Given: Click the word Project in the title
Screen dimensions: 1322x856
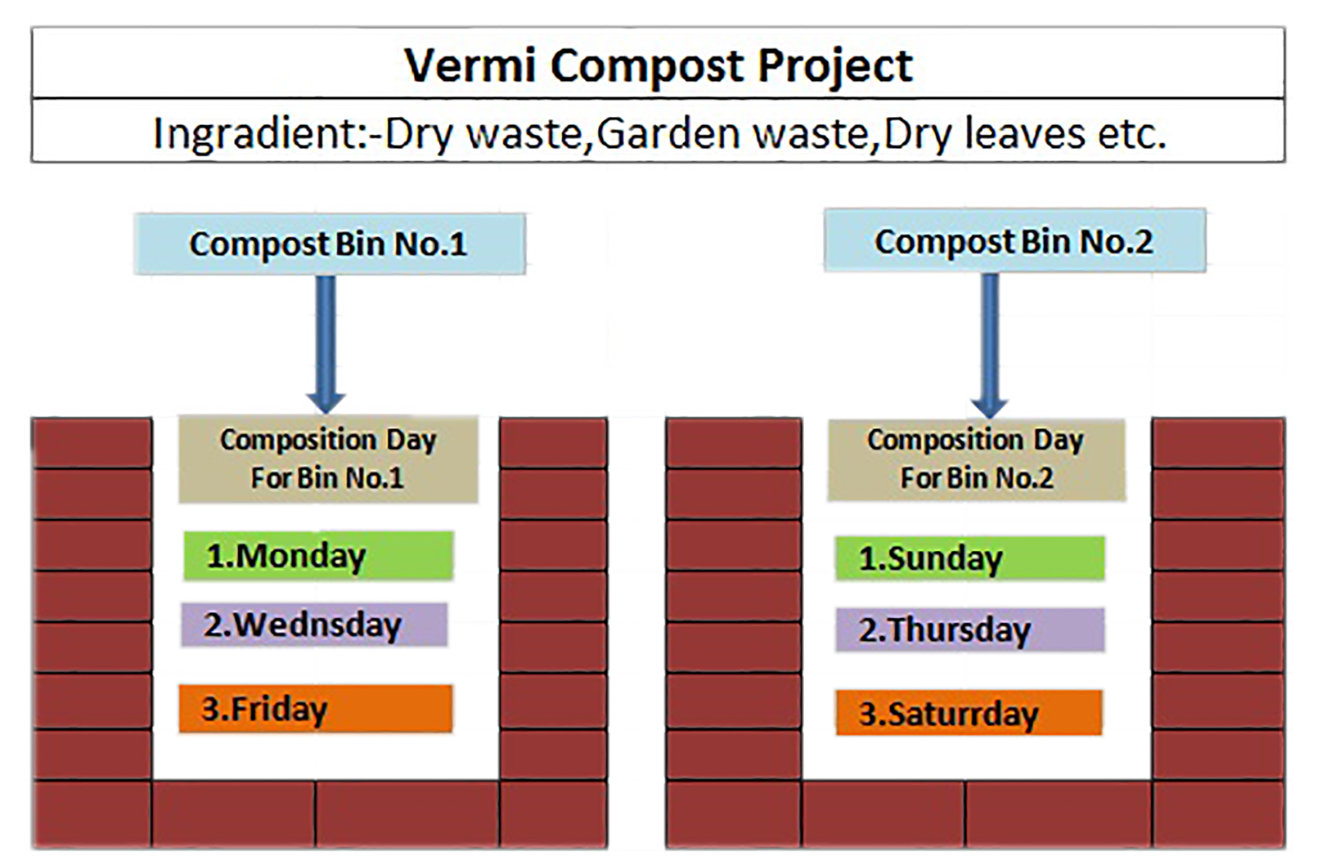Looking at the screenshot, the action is click(x=835, y=67).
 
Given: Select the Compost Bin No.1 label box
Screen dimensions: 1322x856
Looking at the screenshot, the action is click(x=330, y=244).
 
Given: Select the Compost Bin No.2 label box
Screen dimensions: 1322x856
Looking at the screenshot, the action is click(x=1014, y=240).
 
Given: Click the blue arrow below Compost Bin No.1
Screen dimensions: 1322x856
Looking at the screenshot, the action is click(x=326, y=344).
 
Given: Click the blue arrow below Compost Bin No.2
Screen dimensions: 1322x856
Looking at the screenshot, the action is click(x=990, y=346).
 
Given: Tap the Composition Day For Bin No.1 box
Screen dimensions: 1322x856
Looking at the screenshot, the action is click(x=329, y=459).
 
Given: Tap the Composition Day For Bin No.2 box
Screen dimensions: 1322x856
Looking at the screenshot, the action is click(x=977, y=459).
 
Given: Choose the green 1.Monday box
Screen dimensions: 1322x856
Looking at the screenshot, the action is click(x=318, y=556).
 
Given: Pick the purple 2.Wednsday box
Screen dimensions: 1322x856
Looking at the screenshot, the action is click(x=314, y=625).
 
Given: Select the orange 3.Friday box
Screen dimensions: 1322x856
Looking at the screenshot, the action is click(x=316, y=709).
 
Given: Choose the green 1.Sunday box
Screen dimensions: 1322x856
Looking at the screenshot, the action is click(x=969, y=558).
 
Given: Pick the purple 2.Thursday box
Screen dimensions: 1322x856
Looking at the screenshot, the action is click(x=970, y=630).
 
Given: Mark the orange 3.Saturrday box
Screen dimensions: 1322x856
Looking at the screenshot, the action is click(x=969, y=713).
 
